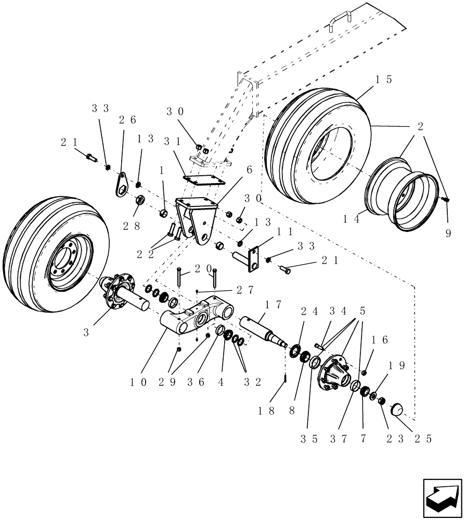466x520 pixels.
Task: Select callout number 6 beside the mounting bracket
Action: coord(249,170)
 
